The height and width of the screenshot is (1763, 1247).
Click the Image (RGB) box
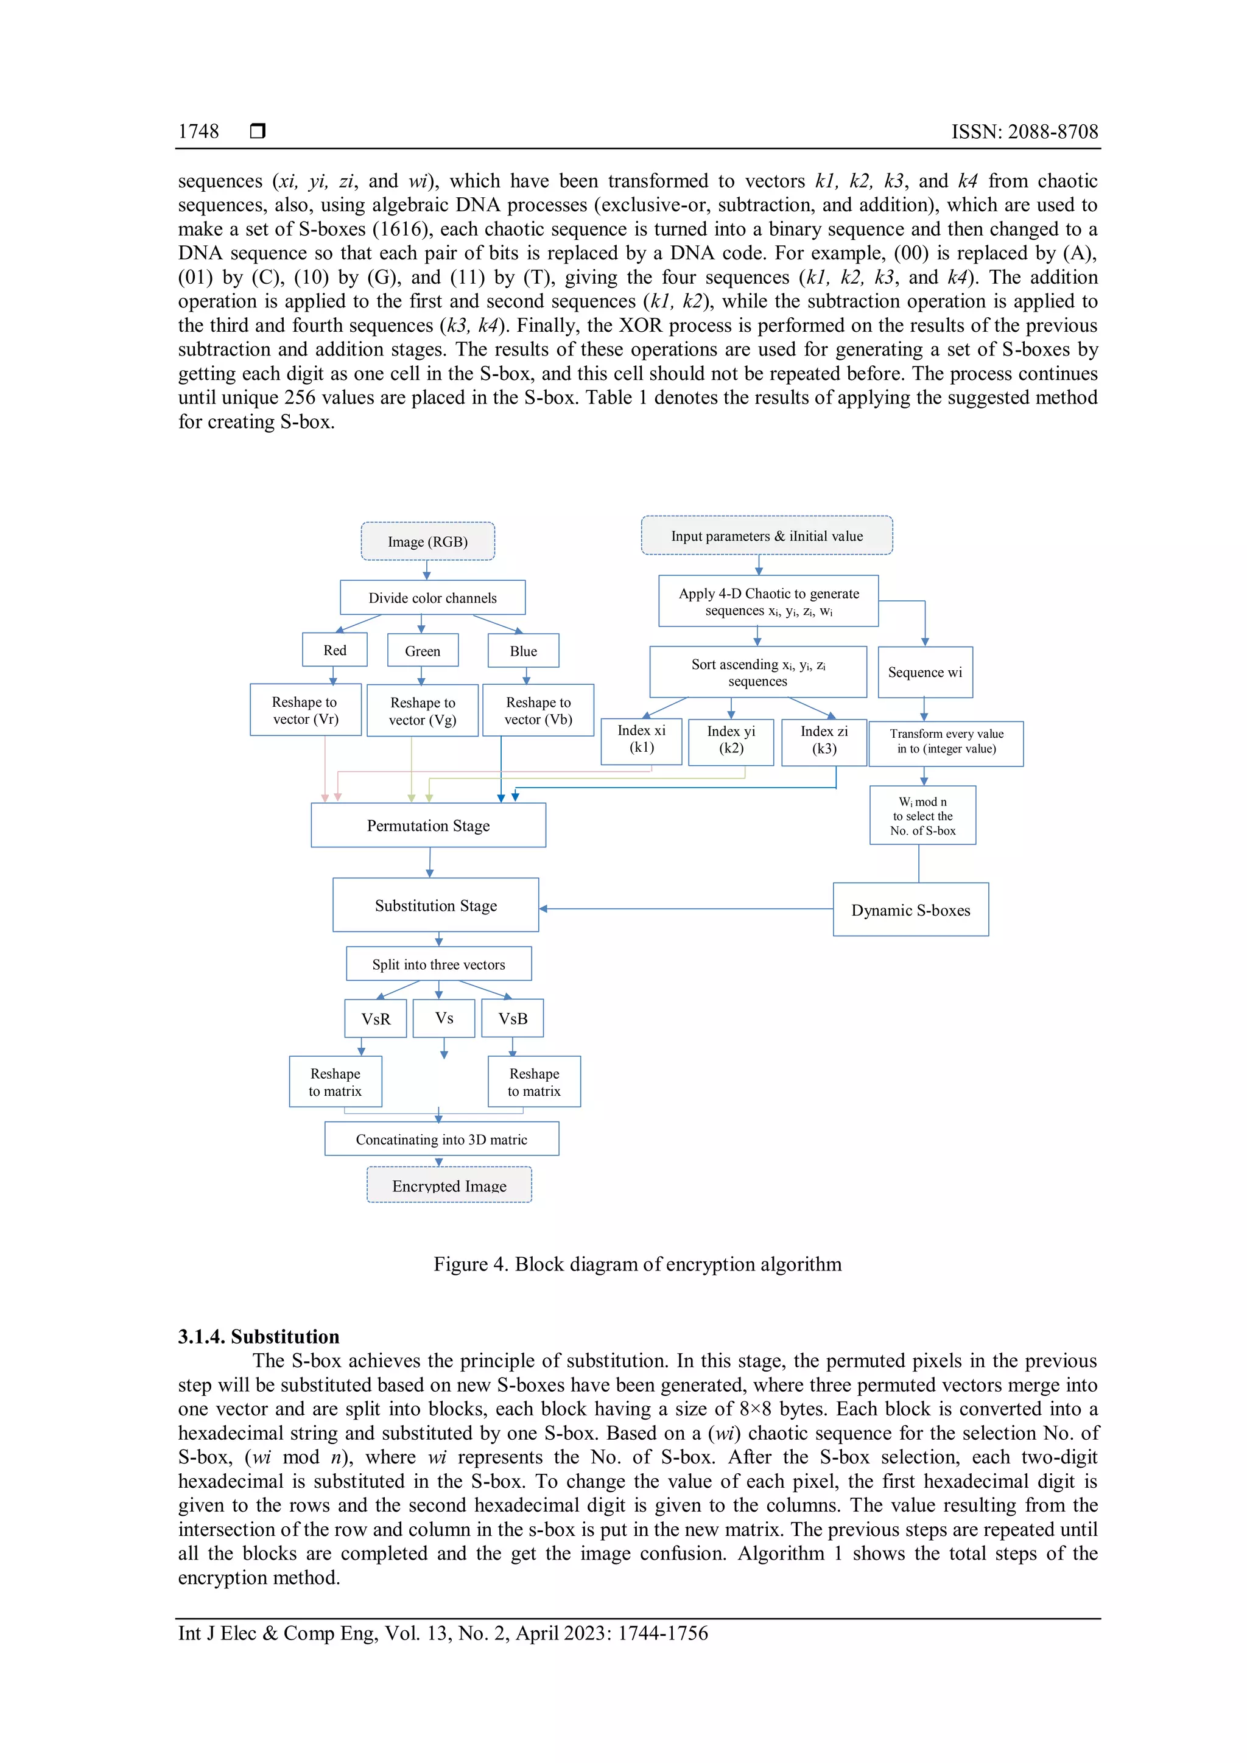click(427, 541)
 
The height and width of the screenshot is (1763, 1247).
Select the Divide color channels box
click(432, 597)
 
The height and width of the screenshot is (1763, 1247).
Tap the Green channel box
click(423, 650)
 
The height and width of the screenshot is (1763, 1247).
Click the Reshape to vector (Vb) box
click(538, 710)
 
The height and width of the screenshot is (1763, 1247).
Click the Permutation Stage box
click(427, 825)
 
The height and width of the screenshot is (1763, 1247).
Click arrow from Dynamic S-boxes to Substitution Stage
click(683, 908)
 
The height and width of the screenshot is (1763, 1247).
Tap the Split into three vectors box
click(438, 964)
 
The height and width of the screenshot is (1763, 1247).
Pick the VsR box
click(376, 1018)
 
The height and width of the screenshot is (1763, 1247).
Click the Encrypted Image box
click(449, 1185)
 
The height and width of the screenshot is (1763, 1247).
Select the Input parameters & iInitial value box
click(767, 536)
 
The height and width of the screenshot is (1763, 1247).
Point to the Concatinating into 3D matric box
click(441, 1139)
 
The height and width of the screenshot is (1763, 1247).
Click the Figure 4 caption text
click(638, 1264)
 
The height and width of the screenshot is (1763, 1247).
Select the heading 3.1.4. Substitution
click(259, 1337)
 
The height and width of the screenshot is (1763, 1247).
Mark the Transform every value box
click(946, 741)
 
